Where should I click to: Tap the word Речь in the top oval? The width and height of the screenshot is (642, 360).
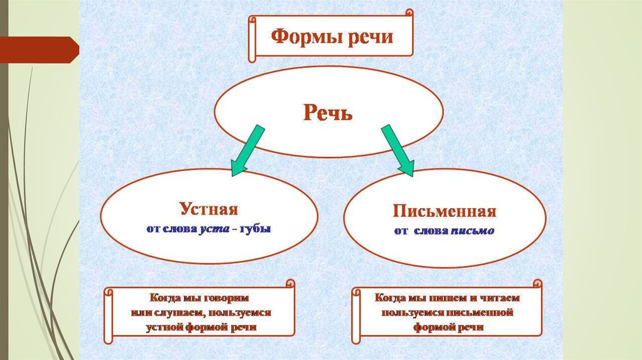tap(328, 113)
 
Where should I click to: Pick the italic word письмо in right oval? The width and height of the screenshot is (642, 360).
tap(473, 231)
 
